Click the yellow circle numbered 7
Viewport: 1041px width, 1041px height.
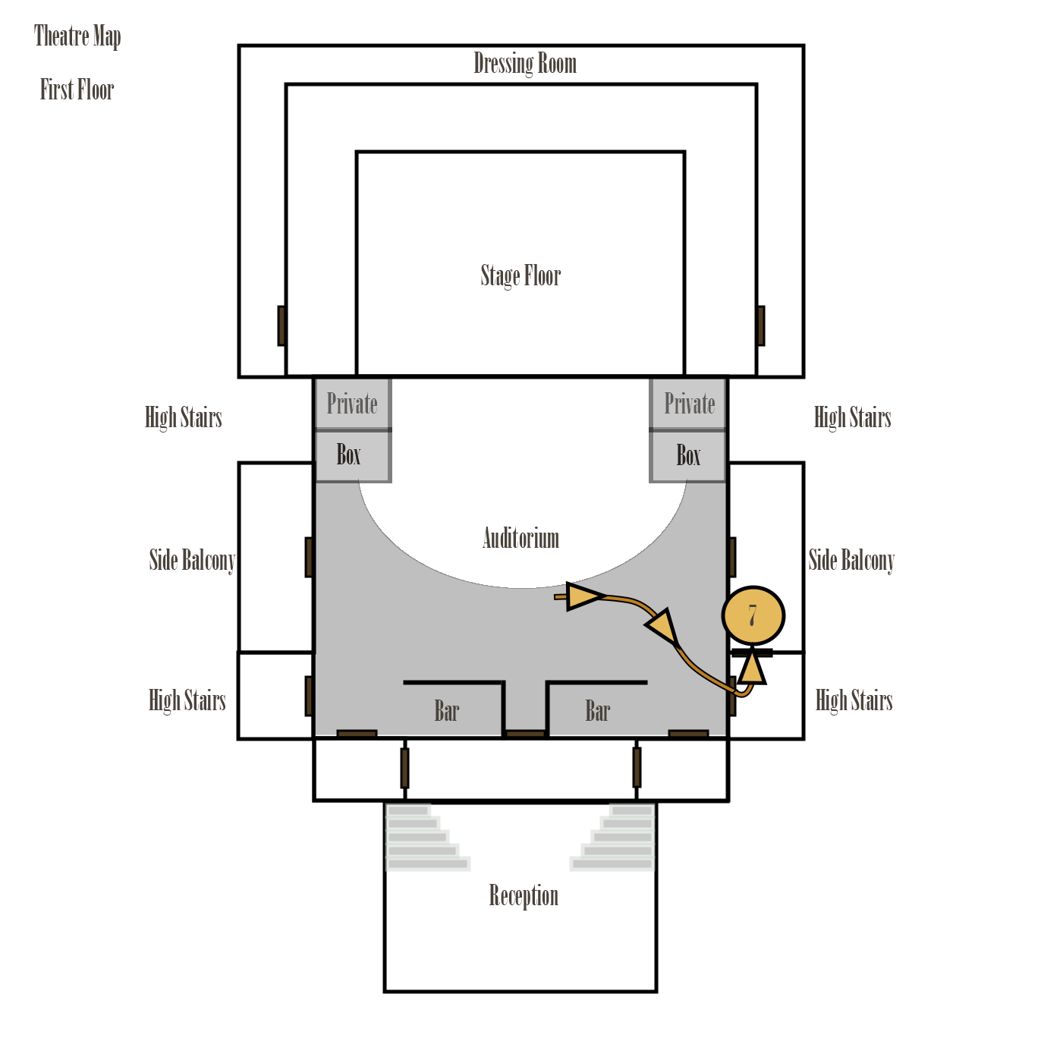pos(753,616)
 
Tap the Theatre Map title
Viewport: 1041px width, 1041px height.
pos(77,36)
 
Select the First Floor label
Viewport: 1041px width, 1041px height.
pos(77,90)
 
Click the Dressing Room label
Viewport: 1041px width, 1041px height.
pos(524,64)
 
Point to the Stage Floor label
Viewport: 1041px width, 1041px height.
pos(520,275)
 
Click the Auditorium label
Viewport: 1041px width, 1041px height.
pos(520,539)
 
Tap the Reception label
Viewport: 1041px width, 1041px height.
pos(524,896)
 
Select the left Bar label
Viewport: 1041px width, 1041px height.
pos(447,712)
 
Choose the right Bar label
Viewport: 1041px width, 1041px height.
pos(598,712)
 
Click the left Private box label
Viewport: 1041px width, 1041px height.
pos(352,404)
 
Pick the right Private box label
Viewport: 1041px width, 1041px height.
pos(689,404)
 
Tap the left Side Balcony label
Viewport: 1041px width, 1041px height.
pos(192,561)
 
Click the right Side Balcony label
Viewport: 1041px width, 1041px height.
pos(851,561)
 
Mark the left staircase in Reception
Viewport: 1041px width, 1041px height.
pos(425,838)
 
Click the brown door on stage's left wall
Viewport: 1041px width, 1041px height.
pos(281,326)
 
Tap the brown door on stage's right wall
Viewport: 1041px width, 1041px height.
pos(760,326)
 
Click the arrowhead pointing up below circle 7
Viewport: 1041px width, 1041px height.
pos(751,669)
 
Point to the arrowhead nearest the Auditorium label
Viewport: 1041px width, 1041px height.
pos(583,596)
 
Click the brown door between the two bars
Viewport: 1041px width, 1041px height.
pos(525,734)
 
